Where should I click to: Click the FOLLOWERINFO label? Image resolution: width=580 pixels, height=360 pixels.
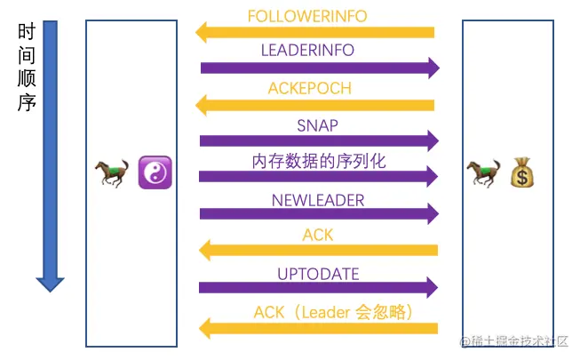pos(306,17)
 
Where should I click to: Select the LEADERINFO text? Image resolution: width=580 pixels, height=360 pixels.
pos(307,50)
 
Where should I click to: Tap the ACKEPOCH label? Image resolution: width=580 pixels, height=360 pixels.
pos(309,88)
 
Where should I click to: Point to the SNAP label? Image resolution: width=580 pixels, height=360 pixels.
pos(317,125)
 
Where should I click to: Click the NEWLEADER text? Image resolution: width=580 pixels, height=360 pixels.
pos(318,200)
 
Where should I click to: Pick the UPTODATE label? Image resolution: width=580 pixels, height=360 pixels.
pos(318,274)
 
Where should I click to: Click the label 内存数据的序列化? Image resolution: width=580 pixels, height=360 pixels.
pos(318,161)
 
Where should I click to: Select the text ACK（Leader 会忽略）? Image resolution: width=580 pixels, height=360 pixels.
pos(334,312)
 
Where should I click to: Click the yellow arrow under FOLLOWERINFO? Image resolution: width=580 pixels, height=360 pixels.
pos(315,33)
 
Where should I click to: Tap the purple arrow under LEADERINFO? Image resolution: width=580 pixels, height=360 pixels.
pos(320,68)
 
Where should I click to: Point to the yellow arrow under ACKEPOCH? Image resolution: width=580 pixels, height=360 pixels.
pos(315,105)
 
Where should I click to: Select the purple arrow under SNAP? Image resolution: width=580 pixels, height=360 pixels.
pos(320,140)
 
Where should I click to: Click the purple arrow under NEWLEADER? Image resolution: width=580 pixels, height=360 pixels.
pos(320,214)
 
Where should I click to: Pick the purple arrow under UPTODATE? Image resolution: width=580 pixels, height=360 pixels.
pos(320,287)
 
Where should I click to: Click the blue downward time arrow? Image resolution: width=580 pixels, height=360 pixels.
pos(51,151)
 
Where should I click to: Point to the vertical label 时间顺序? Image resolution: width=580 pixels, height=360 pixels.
pos(26,68)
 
